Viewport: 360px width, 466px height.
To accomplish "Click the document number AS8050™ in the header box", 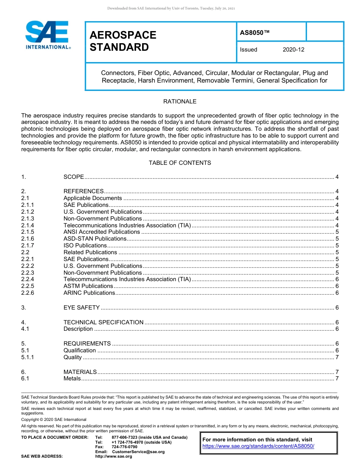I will [x=255, y=33].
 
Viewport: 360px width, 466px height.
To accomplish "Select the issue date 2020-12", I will [x=293, y=50].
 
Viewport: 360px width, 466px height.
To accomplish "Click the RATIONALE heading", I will [x=180, y=102].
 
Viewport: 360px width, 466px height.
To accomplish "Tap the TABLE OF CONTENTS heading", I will [x=180, y=163].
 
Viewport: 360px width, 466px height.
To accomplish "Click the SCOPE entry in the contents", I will [x=74, y=177].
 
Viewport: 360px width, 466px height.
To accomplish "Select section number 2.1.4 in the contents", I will [x=28, y=225].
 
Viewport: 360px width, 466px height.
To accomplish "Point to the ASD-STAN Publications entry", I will [x=95, y=239].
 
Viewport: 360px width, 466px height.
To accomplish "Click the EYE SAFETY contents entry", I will [x=81, y=308].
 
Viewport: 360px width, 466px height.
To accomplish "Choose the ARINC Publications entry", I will [x=89, y=293].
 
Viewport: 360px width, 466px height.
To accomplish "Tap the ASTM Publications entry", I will [x=88, y=286].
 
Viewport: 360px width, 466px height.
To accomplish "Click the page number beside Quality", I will [x=337, y=357].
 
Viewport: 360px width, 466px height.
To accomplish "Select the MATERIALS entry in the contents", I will [x=80, y=372].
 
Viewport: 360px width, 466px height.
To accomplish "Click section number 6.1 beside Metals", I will [x=25, y=378].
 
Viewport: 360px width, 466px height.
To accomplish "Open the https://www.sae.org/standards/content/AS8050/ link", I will [x=258, y=446].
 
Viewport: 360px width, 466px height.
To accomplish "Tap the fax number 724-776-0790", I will [x=124, y=447].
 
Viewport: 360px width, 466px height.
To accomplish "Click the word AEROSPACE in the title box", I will [x=123, y=35].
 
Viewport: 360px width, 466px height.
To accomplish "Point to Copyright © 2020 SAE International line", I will [x=54, y=419].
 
